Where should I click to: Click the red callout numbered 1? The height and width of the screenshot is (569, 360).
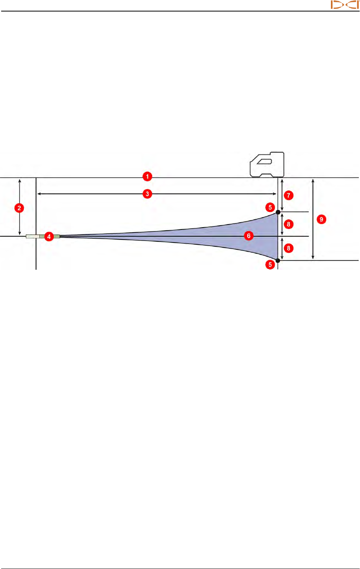click(x=147, y=177)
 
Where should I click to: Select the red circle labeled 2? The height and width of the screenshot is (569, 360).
click(x=19, y=208)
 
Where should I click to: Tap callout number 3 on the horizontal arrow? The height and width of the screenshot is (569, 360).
click(x=147, y=194)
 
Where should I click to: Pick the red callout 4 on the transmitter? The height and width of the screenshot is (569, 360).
click(x=49, y=236)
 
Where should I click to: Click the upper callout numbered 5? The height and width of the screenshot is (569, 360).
click(x=270, y=208)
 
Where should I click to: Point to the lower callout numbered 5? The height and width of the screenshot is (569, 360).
click(x=270, y=264)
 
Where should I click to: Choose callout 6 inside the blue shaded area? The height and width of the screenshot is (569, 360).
click(x=249, y=236)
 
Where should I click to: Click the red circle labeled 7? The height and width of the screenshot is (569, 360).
click(x=289, y=195)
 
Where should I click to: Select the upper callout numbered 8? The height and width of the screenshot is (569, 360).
click(x=289, y=224)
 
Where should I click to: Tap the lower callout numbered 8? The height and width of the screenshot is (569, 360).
click(x=289, y=248)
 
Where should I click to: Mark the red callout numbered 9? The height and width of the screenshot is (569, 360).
click(x=321, y=220)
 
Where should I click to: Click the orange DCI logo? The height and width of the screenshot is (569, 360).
click(x=345, y=5)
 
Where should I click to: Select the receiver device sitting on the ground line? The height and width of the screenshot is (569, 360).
click(x=267, y=165)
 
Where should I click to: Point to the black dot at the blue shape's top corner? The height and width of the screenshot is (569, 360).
click(x=278, y=212)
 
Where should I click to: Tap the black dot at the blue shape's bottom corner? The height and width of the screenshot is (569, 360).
click(x=278, y=261)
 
